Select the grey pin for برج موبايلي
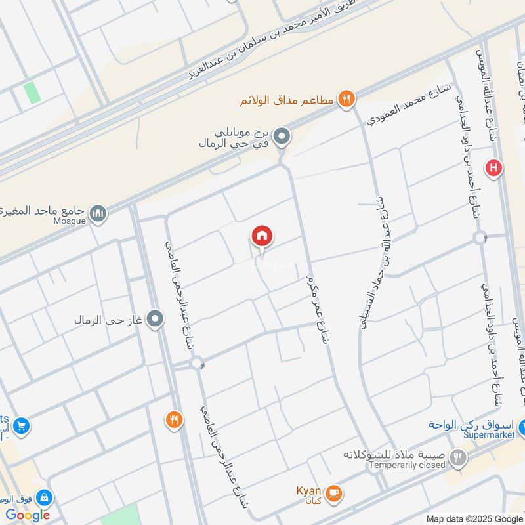(282, 136)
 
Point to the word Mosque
(70, 221)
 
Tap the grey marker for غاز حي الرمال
(155, 320)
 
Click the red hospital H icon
(493, 169)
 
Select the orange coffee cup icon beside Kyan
(333, 492)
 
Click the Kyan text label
(308, 491)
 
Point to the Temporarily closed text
(406, 465)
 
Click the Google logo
(28, 514)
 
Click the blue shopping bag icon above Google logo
(44, 497)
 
